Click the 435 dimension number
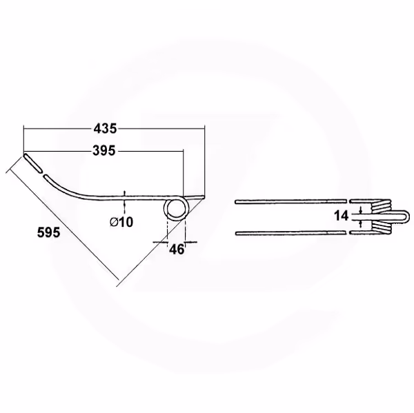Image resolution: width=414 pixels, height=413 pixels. click(105, 128)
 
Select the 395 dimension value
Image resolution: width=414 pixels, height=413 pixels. click(104, 151)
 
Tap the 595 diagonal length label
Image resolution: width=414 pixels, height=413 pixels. click(49, 232)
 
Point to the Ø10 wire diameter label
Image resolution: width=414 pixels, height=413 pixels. click(121, 222)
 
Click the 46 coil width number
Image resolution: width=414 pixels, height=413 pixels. click(177, 249)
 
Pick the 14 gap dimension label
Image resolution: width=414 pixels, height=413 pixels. click(342, 216)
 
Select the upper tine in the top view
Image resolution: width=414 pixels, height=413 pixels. click(290, 201)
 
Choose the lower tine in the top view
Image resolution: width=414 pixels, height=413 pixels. click(290, 233)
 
